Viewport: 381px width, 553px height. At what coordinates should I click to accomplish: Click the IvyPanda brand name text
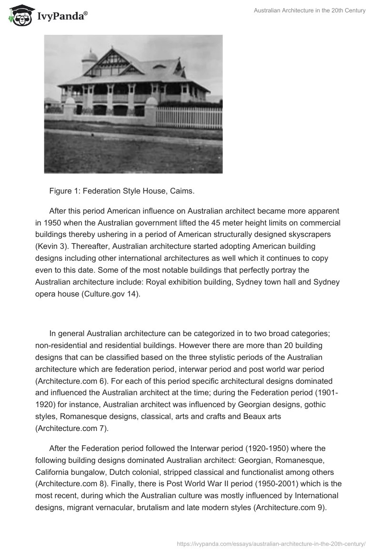click(x=61, y=17)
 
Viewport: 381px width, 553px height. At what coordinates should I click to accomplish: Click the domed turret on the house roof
click(x=90, y=60)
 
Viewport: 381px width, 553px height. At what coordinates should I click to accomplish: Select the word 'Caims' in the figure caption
click(x=180, y=191)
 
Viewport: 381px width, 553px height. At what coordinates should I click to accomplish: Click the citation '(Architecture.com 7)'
click(x=72, y=428)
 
